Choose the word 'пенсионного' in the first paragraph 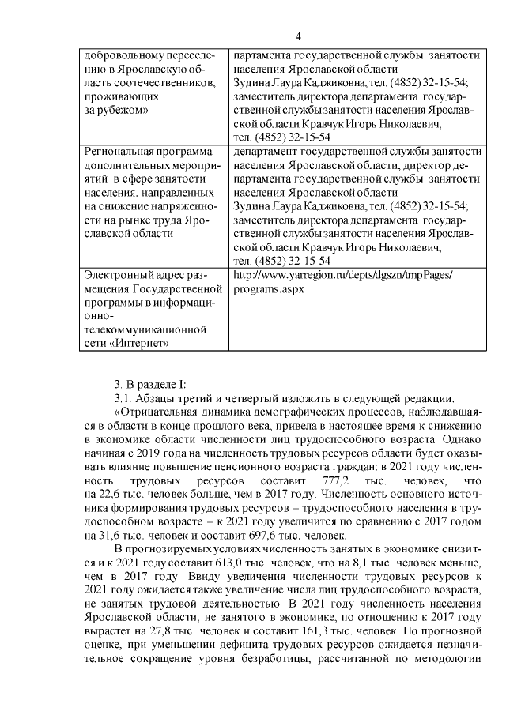(x=228, y=467)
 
